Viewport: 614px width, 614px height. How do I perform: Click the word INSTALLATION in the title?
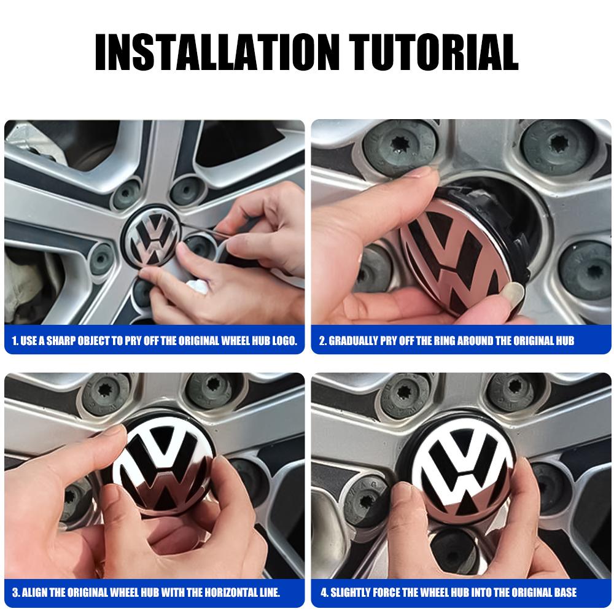point(212,52)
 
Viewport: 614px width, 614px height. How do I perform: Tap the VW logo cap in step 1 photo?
point(151,242)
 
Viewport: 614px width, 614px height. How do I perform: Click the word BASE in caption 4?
point(563,593)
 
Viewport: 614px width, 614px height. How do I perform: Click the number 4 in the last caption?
point(324,593)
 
